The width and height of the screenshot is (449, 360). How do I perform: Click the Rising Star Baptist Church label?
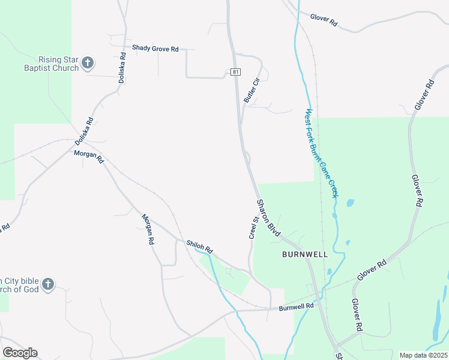pos(58,64)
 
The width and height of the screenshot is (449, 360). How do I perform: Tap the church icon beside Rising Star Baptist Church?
pos(88,62)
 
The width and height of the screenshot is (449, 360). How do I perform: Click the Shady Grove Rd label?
pos(155,49)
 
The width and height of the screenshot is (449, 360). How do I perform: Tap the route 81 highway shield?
pos(235,72)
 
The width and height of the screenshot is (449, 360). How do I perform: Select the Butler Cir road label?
pos(251,89)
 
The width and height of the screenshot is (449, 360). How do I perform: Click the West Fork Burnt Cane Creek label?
pos(322,153)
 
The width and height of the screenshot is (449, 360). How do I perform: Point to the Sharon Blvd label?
pos(269,217)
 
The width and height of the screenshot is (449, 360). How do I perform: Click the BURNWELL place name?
pos(305,254)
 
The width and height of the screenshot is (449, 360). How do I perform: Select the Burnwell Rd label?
pos(297,306)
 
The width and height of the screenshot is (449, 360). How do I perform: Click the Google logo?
pos(20,353)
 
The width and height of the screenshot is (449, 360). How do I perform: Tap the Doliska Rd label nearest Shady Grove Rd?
pos(122,67)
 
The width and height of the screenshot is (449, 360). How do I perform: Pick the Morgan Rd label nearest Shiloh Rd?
pos(148,229)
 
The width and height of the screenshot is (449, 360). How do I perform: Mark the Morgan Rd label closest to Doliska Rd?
pos(89,157)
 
